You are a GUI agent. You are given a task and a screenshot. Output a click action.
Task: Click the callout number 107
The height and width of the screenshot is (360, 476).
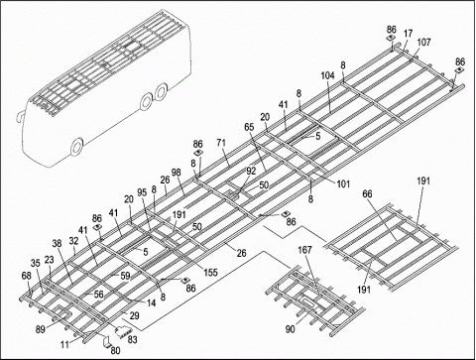[424, 43]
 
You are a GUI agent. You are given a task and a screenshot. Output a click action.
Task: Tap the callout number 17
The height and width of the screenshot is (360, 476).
[409, 34]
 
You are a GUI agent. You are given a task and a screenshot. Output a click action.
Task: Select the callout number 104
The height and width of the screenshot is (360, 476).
[328, 75]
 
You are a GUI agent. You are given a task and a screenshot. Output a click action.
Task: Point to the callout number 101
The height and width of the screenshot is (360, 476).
[343, 183]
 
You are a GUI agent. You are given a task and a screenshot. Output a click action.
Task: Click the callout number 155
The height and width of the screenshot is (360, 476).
[210, 272]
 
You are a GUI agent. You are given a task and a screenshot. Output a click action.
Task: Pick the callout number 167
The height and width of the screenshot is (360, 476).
[304, 250]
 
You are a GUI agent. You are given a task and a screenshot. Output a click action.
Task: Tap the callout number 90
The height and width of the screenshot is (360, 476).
[291, 329]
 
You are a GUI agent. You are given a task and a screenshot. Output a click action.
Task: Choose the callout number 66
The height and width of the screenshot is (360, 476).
[367, 193]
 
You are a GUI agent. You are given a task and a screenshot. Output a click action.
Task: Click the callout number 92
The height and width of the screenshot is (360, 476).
[251, 171]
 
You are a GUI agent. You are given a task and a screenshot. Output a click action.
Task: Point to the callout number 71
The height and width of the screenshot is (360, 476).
[221, 143]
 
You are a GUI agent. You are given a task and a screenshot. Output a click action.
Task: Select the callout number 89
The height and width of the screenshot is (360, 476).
[41, 329]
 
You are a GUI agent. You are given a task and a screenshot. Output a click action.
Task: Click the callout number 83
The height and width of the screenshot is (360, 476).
[132, 339]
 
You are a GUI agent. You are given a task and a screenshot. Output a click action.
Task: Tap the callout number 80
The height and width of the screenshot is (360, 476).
[115, 350]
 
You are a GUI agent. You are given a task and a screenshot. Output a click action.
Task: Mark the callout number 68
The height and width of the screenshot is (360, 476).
[27, 276]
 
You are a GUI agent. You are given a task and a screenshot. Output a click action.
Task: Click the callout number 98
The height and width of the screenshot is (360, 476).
[177, 173]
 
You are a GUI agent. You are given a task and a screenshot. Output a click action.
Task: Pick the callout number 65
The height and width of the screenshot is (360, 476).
[249, 127]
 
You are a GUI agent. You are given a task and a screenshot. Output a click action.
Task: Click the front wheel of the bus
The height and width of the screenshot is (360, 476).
[77, 148]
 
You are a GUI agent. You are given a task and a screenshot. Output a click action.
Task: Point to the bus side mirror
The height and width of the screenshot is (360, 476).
[19, 115]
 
